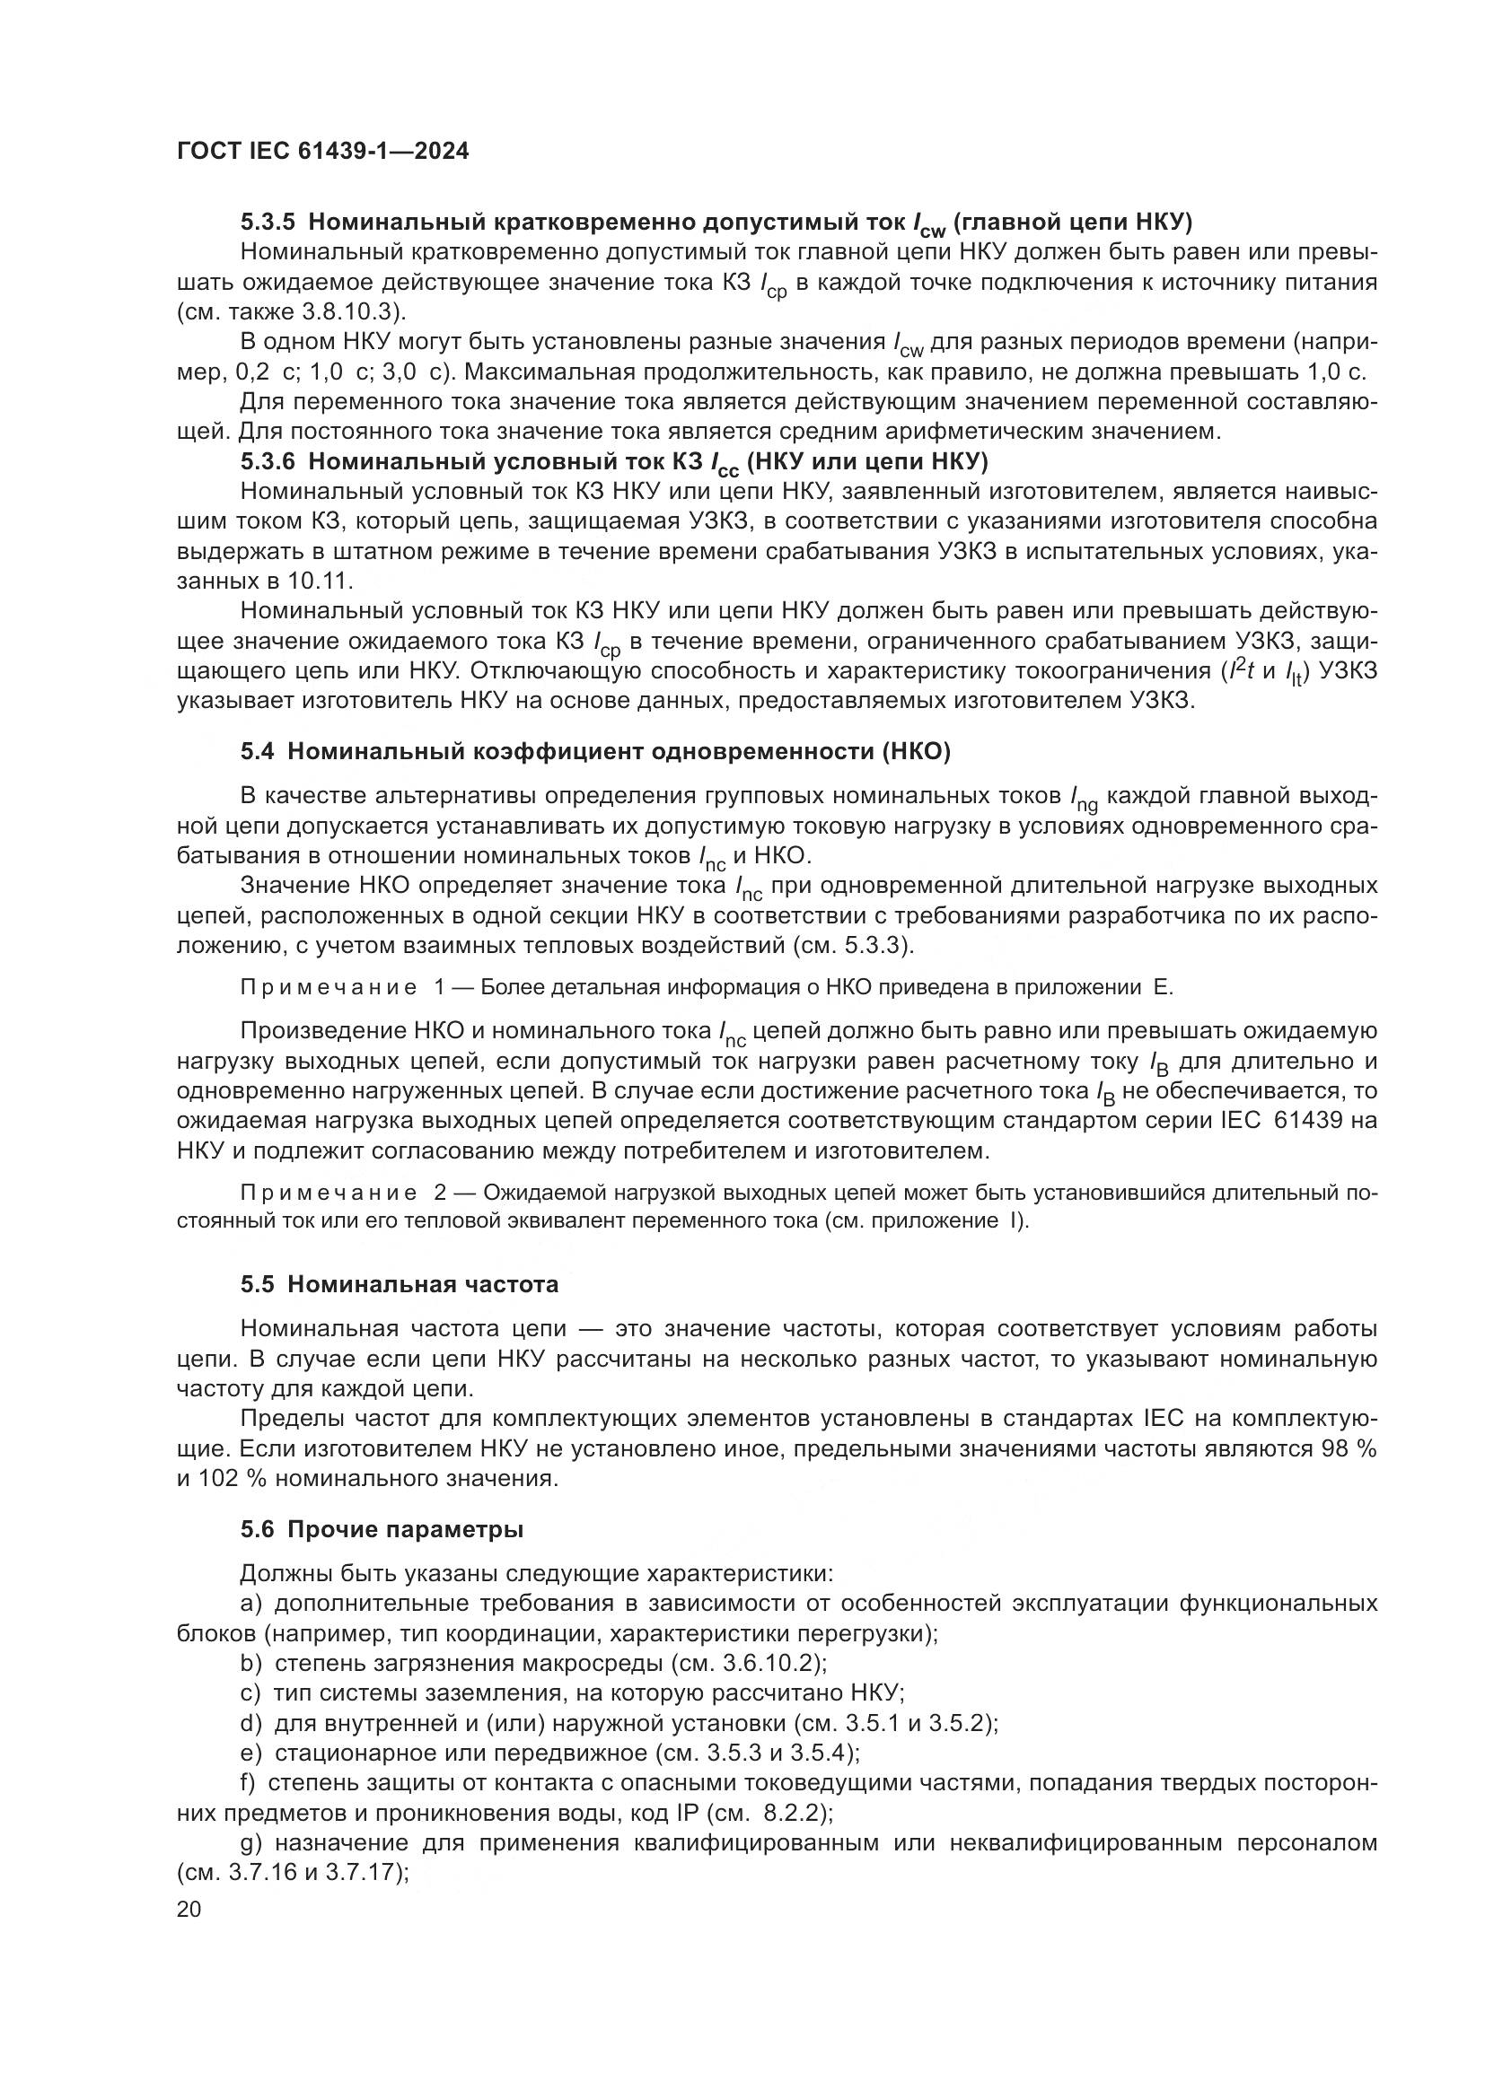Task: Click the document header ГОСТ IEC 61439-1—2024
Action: pyautogui.click(x=322, y=152)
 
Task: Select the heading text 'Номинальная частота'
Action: pyautogui.click(x=423, y=1284)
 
